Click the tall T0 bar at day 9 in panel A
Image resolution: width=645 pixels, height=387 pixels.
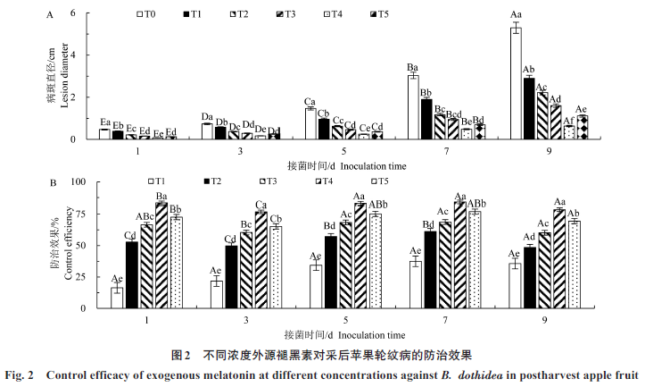click(x=516, y=83)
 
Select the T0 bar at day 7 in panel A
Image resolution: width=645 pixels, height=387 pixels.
click(x=413, y=107)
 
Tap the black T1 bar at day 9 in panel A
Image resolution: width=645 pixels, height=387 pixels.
click(x=529, y=108)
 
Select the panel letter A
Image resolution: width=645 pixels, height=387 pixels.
click(x=51, y=15)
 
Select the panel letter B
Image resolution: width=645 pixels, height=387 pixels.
click(x=52, y=183)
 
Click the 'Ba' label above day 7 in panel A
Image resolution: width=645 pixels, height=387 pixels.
click(x=413, y=67)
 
